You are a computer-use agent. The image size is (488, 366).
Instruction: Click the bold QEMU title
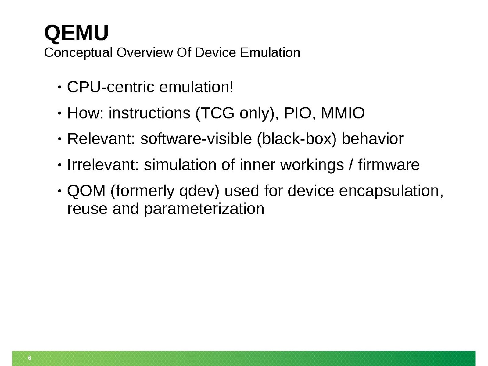(x=76, y=33)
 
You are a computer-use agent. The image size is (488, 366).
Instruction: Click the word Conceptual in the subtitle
(x=78, y=53)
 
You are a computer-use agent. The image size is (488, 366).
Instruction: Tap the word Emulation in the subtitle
(x=270, y=52)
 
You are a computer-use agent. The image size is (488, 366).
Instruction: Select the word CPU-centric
(x=110, y=87)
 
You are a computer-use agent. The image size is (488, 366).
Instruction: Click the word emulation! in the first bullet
(x=196, y=87)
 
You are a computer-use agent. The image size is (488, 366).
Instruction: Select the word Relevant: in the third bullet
(x=101, y=139)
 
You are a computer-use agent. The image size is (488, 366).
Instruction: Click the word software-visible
(x=196, y=139)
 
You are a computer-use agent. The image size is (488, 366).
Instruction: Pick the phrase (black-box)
(x=296, y=139)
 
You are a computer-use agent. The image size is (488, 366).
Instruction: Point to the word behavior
(x=372, y=139)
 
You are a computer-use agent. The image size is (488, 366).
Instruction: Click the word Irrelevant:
(x=103, y=165)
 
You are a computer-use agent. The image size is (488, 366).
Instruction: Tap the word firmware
(x=389, y=165)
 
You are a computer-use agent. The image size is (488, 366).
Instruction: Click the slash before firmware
(x=351, y=165)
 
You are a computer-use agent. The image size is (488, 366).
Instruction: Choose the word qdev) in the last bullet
(x=199, y=192)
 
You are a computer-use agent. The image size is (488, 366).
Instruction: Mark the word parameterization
(x=204, y=209)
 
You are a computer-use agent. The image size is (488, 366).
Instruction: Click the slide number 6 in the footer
(x=30, y=358)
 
